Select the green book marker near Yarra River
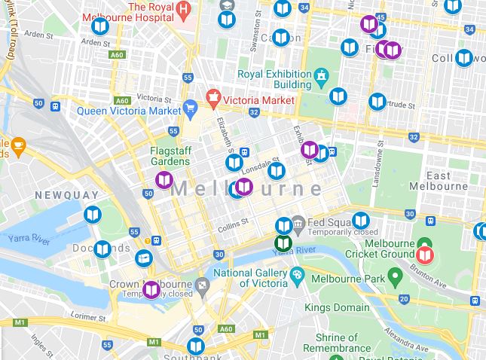(x=283, y=243)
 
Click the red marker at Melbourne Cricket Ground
(x=425, y=255)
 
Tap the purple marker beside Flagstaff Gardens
(x=164, y=180)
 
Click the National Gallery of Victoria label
(x=250, y=278)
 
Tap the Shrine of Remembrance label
(x=337, y=343)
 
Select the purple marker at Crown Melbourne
(x=151, y=290)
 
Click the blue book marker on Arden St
(x=99, y=27)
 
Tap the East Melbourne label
(x=439, y=181)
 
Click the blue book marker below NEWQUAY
(x=92, y=215)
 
